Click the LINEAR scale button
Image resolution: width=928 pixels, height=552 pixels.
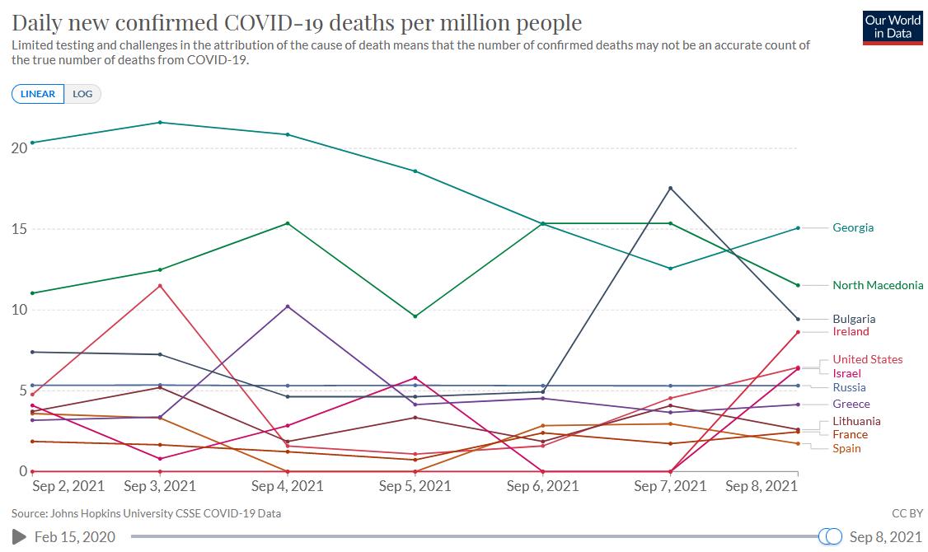coord(37,94)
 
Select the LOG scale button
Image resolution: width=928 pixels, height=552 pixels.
coord(82,94)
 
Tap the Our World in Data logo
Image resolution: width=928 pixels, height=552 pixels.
coord(893,26)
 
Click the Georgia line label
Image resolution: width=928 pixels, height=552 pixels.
coord(853,227)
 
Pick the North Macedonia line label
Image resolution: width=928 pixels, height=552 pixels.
coord(878,285)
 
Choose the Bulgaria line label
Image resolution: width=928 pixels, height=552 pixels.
coord(854,319)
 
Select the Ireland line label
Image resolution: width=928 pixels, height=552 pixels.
coord(851,331)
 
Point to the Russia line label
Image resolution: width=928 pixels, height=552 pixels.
coord(849,387)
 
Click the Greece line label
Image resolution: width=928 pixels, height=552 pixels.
coord(851,404)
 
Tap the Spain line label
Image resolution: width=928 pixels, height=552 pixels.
coord(846,448)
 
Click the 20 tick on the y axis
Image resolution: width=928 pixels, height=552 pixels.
coord(19,148)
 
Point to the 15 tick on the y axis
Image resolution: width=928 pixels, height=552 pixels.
coord(19,229)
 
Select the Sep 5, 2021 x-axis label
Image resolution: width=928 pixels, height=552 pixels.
coord(415,486)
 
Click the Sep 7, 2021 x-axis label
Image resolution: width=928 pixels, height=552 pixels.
coord(670,486)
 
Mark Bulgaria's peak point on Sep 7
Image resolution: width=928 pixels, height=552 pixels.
coord(671,188)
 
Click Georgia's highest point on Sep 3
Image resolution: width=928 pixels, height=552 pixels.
coord(160,123)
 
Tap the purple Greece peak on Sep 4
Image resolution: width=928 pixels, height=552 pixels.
coord(288,306)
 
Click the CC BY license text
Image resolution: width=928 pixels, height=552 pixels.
coord(906,513)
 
